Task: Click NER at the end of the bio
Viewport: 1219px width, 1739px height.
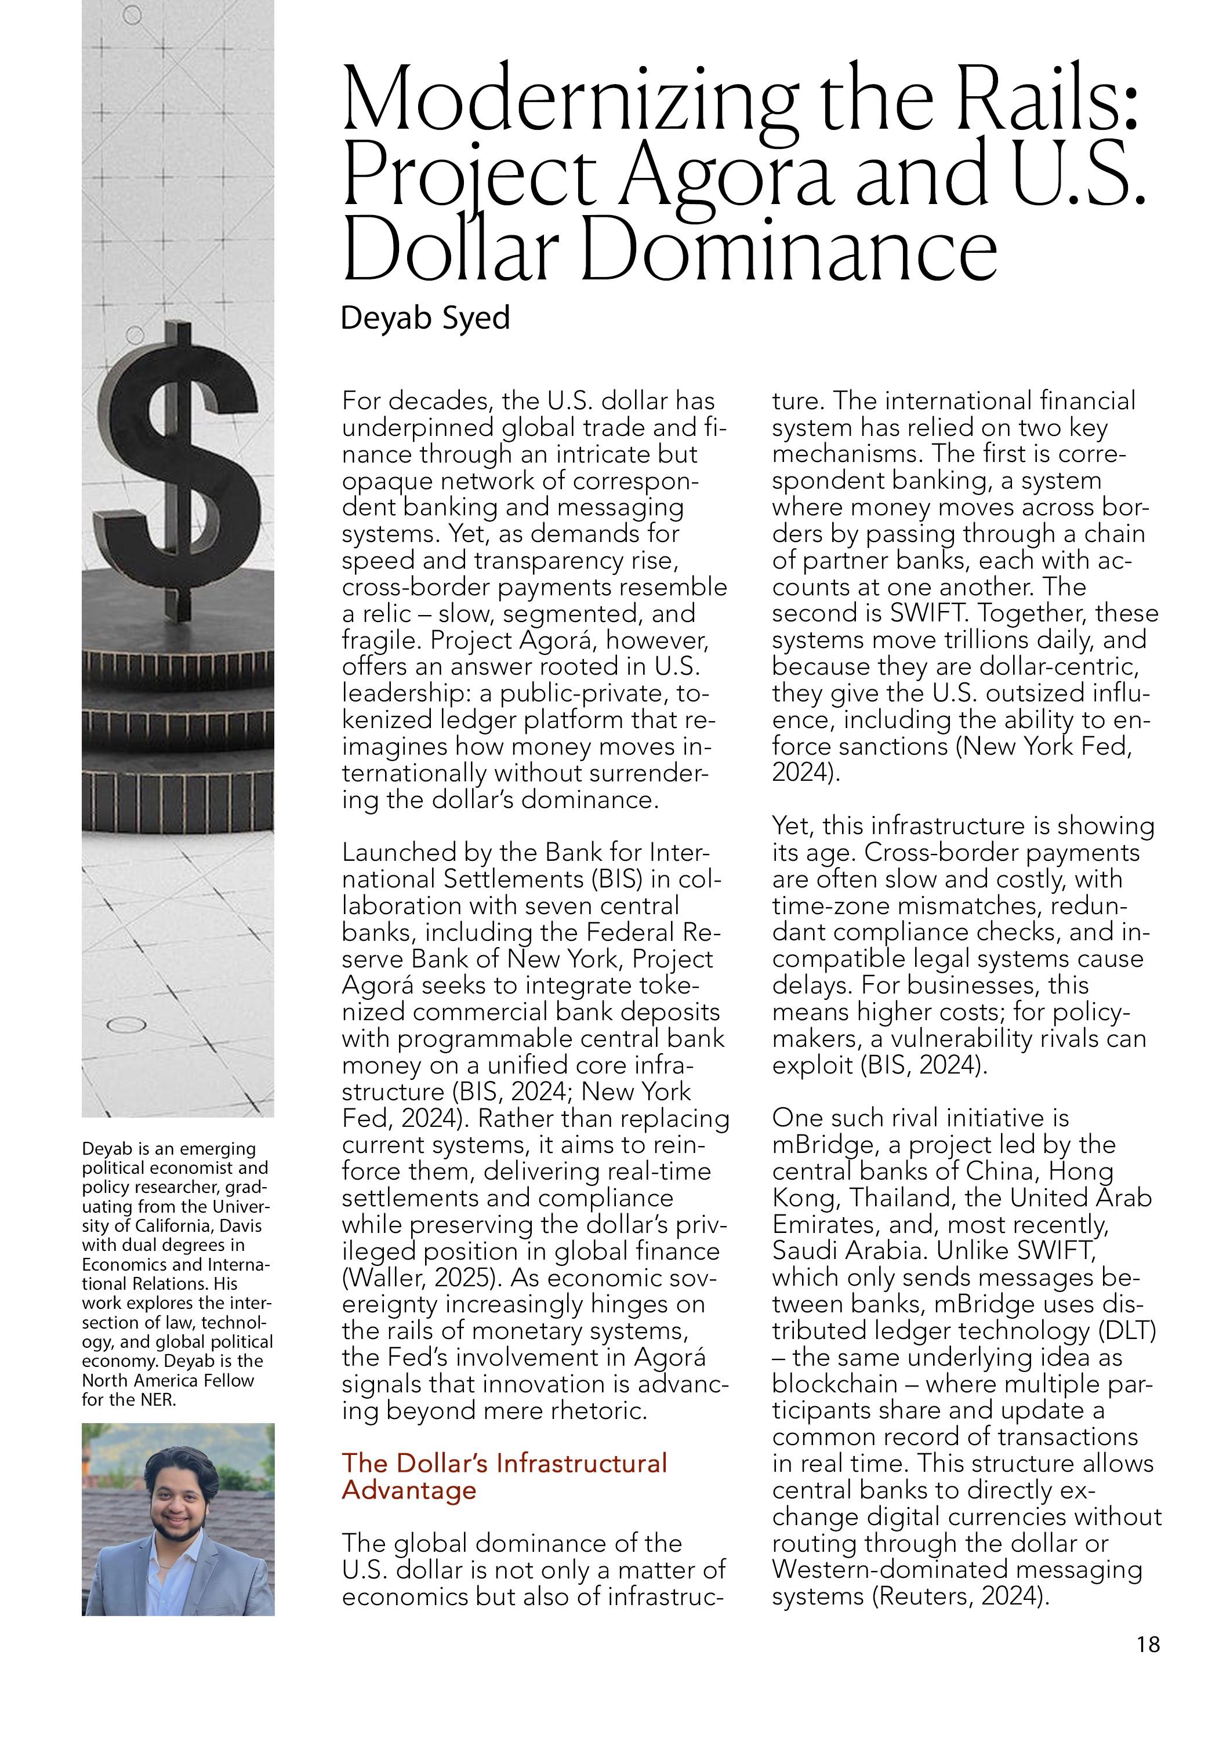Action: pyautogui.click(x=158, y=1400)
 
